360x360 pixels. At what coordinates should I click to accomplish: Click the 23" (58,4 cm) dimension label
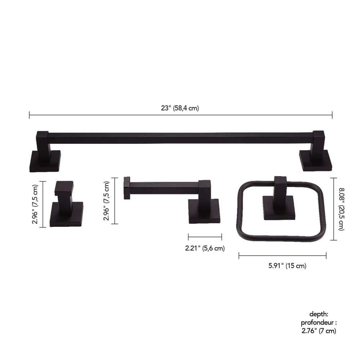180,108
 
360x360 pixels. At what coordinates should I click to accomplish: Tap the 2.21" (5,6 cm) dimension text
205,248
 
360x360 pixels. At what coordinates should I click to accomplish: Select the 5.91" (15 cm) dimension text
282,266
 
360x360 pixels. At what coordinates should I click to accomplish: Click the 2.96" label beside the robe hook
35,204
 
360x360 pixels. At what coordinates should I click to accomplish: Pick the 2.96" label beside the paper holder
107,201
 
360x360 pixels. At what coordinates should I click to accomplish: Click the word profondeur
319,323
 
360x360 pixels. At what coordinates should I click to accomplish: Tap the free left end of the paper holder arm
127,188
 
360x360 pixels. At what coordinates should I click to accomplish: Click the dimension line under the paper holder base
205,237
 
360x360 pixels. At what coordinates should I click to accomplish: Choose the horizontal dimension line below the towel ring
282,256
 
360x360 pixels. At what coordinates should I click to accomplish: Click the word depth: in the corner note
319,314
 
